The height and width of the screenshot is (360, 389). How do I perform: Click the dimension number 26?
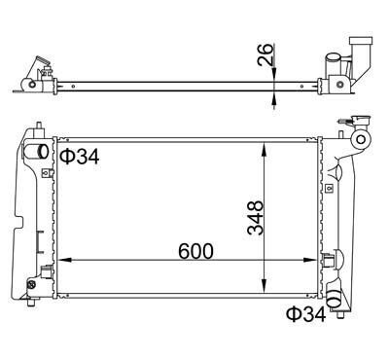tap(265, 54)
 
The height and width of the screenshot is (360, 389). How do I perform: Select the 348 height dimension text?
tap(255, 218)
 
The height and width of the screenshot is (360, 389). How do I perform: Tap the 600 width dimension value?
tap(195, 251)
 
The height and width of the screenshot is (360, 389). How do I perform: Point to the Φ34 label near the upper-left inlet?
tap(80, 157)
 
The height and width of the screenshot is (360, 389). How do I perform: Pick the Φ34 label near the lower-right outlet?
tap(306, 314)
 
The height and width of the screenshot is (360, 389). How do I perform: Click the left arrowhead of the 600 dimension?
tap(64, 260)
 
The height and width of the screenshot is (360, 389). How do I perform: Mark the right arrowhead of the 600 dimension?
tap(309, 260)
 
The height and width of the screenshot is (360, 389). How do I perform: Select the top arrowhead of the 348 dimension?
tap(265, 149)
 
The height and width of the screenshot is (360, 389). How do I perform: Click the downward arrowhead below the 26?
tap(274, 73)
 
